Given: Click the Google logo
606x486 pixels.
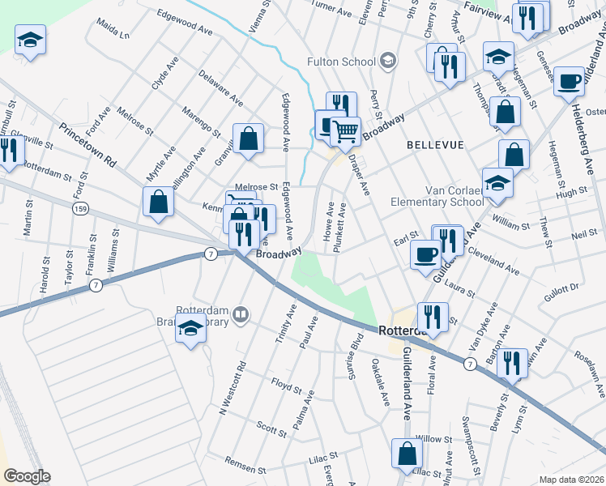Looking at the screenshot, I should pyautogui.click(x=27, y=476).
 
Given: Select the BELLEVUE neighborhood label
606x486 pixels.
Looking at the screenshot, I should pyautogui.click(x=435, y=144).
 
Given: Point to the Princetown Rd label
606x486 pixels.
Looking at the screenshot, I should pyautogui.click(x=87, y=146).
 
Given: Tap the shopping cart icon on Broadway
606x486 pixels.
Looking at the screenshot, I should pyautogui.click(x=346, y=130).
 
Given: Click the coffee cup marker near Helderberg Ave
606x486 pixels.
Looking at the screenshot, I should pyautogui.click(x=570, y=82).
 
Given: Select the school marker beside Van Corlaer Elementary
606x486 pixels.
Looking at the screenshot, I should pyautogui.click(x=497, y=183).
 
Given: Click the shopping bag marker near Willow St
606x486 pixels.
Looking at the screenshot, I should pyautogui.click(x=407, y=453).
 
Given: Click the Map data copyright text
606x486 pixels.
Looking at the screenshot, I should pyautogui.click(x=571, y=480).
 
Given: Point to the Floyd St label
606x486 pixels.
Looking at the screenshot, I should pyautogui.click(x=287, y=382).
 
